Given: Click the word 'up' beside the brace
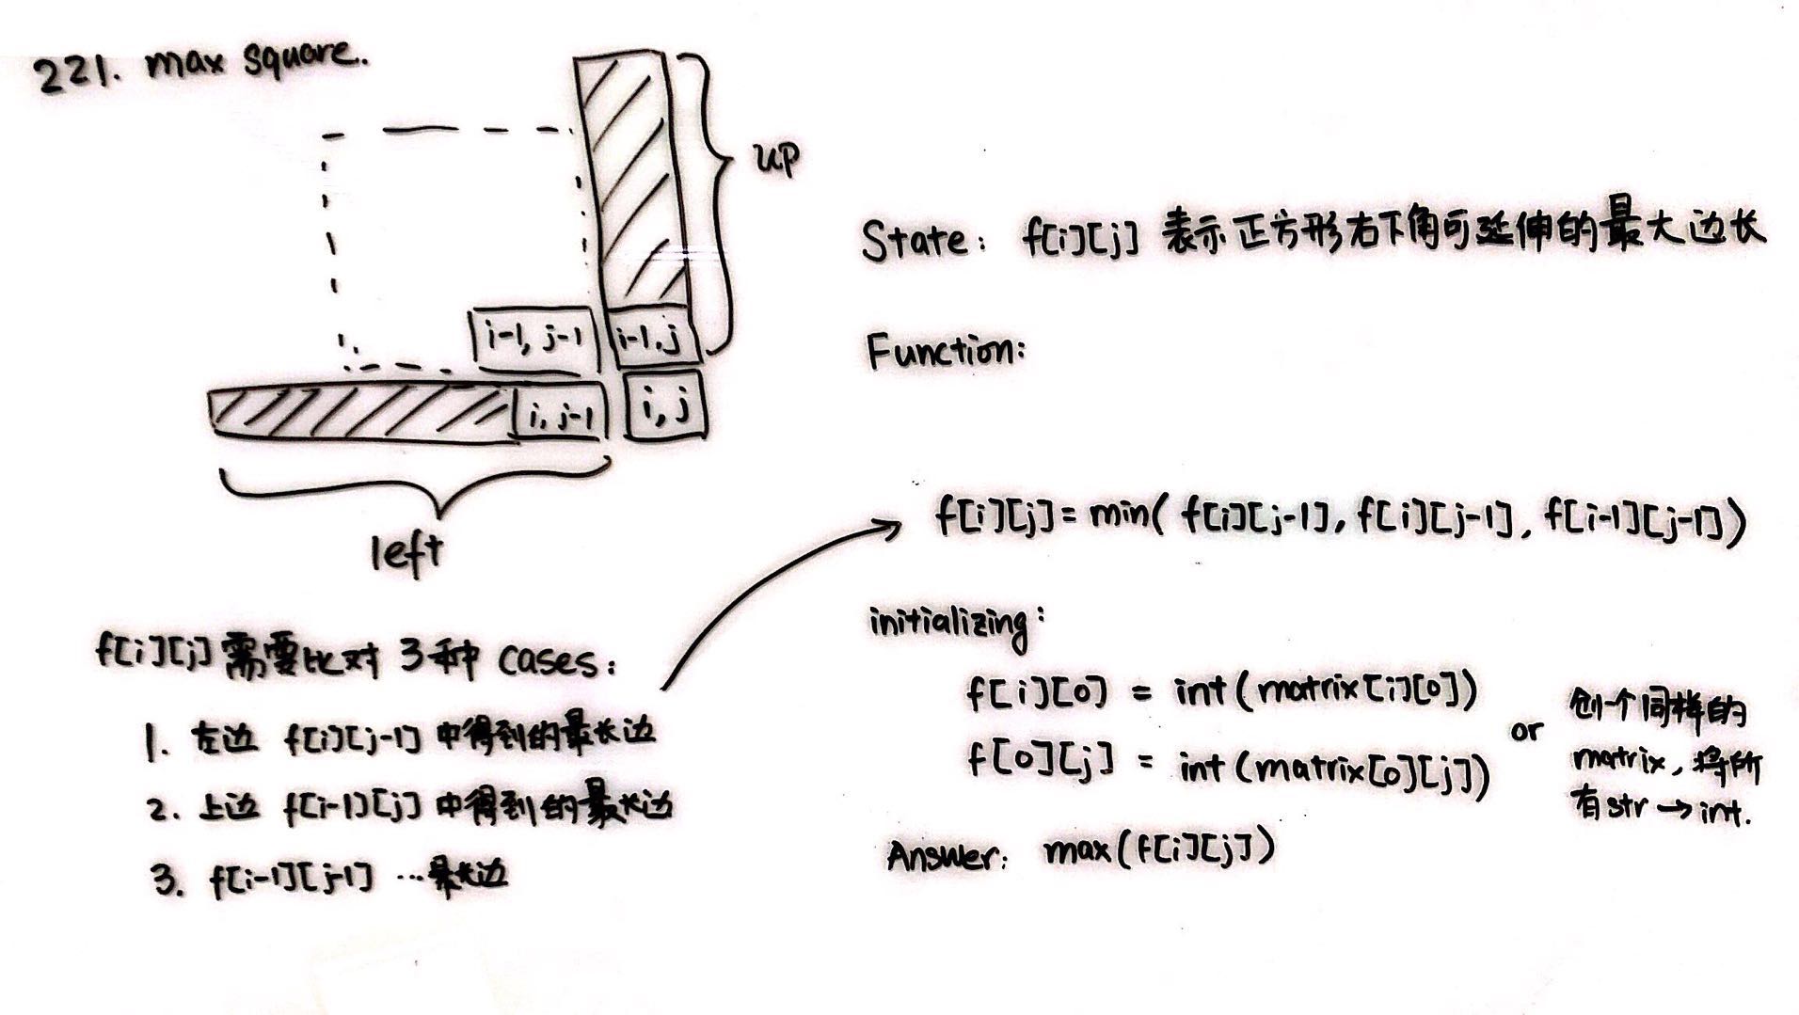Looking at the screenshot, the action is coord(775,161).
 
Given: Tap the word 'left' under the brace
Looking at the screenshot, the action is coord(406,553).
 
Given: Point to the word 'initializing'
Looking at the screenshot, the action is coord(948,624).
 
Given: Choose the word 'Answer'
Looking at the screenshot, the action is coord(941,855).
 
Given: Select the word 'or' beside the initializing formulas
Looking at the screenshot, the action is coord(1525,730).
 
